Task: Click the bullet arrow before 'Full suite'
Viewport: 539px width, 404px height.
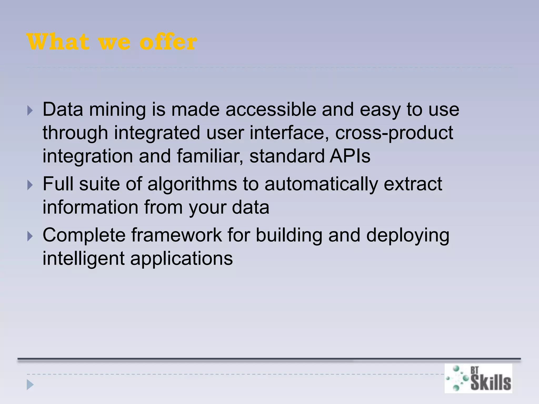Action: [x=30, y=185]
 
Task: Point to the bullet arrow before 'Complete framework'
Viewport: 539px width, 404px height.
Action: [x=30, y=236]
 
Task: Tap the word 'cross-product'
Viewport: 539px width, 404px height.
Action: [x=394, y=133]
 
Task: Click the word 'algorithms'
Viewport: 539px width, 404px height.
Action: [x=192, y=184]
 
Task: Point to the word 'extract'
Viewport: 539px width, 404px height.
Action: [x=413, y=184]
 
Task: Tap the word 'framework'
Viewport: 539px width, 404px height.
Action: [x=177, y=235]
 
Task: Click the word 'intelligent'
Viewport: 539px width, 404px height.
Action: [x=83, y=259]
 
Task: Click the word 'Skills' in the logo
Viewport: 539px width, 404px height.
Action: [x=491, y=383]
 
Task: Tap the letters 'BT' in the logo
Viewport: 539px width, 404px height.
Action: [x=474, y=370]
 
